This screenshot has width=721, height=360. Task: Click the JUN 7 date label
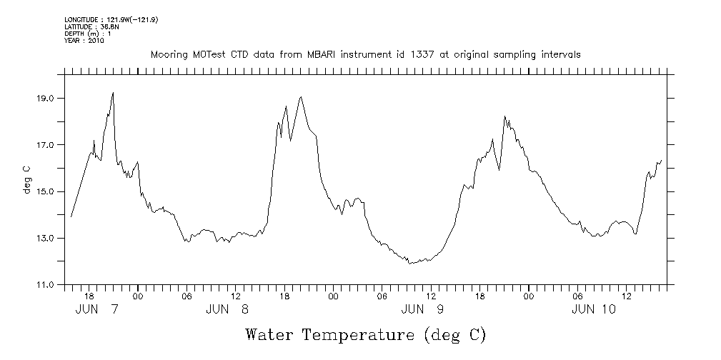pyautogui.click(x=97, y=309)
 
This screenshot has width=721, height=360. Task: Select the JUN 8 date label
pyautogui.click(x=227, y=309)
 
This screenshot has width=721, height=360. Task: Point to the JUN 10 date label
pyautogui.click(x=594, y=309)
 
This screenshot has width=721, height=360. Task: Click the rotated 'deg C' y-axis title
pyautogui.click(x=26, y=179)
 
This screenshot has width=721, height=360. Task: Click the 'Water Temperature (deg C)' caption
pyautogui.click(x=365, y=334)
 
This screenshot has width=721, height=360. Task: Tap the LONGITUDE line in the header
pyautogui.click(x=111, y=20)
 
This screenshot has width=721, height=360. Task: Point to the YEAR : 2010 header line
pyautogui.click(x=85, y=41)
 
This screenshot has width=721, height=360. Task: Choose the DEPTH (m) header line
pyautogui.click(x=87, y=34)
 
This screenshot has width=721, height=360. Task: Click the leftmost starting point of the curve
pyautogui.click(x=71, y=216)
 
